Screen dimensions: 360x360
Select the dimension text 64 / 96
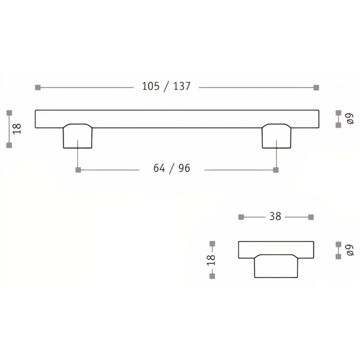(172, 169)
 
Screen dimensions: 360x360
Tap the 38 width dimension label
(275, 216)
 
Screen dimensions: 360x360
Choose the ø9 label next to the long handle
(349, 118)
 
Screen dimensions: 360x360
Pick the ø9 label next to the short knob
(349, 250)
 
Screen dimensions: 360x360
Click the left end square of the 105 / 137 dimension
(37, 87)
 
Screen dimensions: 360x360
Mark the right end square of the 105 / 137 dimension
(316, 87)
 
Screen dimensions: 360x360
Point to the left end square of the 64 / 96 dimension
(78, 170)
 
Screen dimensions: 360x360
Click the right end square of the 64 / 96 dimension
(276, 170)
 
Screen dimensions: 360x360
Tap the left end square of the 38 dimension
(241, 217)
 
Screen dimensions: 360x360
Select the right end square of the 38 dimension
(310, 217)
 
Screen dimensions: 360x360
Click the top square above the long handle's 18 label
(9, 112)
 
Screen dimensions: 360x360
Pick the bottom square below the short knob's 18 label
(212, 277)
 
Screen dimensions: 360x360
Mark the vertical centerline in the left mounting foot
(78, 153)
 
